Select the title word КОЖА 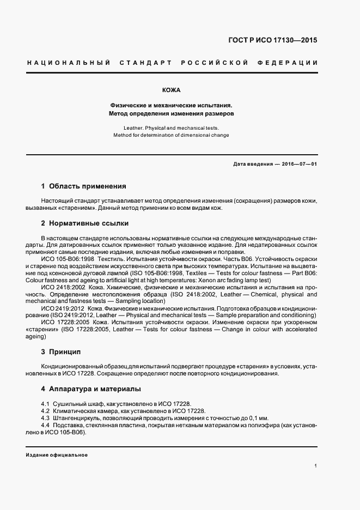pos(172,90)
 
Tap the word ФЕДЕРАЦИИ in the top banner pos(292,63)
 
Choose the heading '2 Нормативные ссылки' pos(84,223)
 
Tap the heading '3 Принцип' pos(60,352)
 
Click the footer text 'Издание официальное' pos(57,455)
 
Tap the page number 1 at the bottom pos(316,466)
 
